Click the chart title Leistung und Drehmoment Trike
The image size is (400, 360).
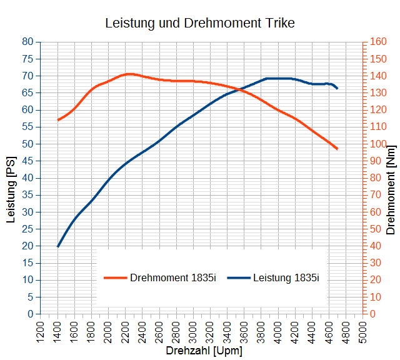(x=199, y=23)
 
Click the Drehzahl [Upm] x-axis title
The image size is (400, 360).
(x=203, y=351)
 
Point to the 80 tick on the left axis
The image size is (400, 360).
(x=27, y=42)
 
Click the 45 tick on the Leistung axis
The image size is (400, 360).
(x=27, y=161)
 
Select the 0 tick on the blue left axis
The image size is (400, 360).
(x=30, y=314)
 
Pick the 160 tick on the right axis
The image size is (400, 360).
(x=377, y=42)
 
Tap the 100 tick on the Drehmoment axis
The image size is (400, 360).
(x=377, y=144)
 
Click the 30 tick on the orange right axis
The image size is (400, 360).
(x=375, y=262)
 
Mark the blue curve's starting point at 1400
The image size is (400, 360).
(x=57, y=246)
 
